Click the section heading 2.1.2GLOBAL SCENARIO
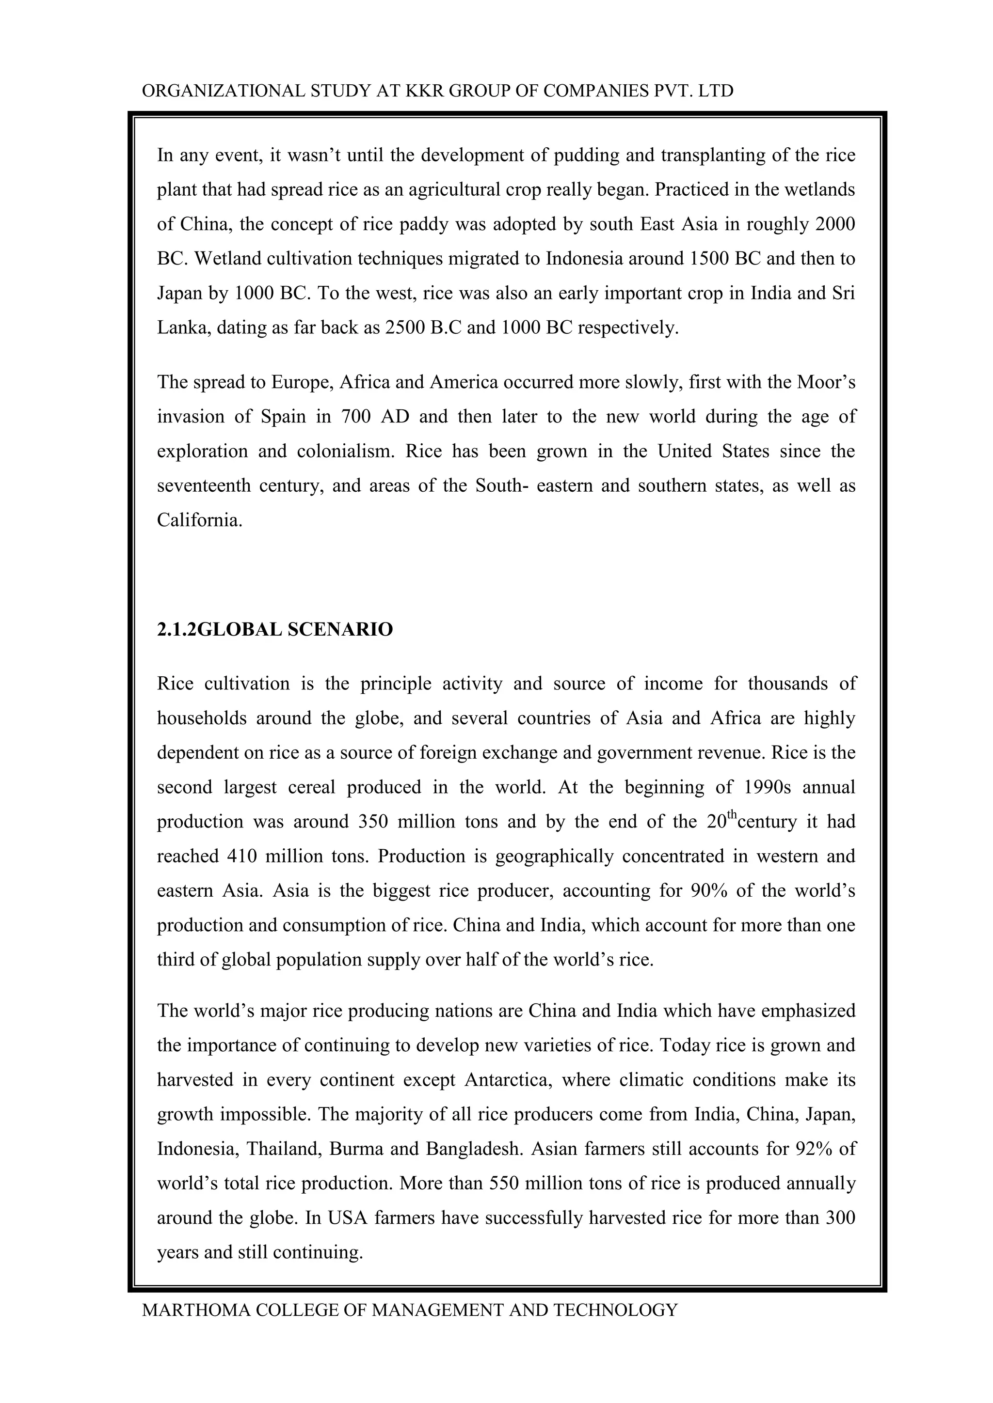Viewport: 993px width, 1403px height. pos(274,629)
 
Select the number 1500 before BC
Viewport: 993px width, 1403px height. pos(709,259)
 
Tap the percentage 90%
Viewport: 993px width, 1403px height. pos(709,890)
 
